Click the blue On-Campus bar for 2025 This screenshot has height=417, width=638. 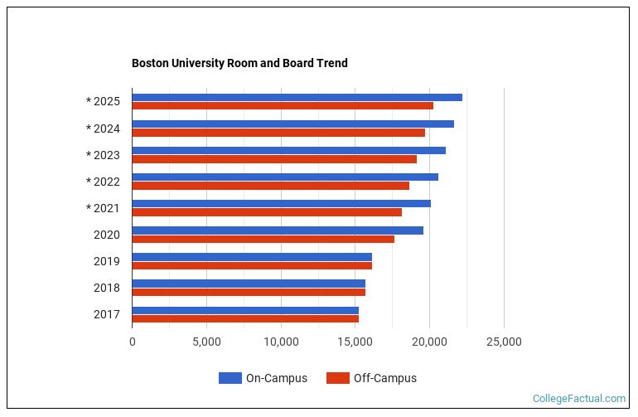(297, 97)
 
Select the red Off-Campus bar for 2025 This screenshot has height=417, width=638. (283, 105)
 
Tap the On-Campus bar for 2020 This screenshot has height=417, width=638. (278, 230)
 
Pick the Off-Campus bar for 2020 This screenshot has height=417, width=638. (263, 239)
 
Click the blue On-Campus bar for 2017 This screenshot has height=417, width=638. (245, 310)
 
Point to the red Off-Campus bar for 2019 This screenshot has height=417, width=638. (252, 265)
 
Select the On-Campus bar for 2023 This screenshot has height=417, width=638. (288, 150)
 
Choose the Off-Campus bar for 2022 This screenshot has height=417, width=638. (270, 186)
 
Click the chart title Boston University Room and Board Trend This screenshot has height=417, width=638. (239, 63)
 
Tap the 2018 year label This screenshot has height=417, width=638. (107, 288)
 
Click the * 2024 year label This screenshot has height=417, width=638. (104, 128)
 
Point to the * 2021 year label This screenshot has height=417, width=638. (104, 208)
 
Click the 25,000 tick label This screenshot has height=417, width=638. (504, 342)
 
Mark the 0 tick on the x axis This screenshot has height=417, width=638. (133, 342)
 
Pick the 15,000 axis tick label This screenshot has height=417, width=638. (355, 342)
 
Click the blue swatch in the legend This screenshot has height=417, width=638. (230, 378)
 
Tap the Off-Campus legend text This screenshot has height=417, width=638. (384, 378)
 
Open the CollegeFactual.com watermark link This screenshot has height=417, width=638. (579, 399)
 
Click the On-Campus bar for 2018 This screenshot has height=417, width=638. (249, 284)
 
